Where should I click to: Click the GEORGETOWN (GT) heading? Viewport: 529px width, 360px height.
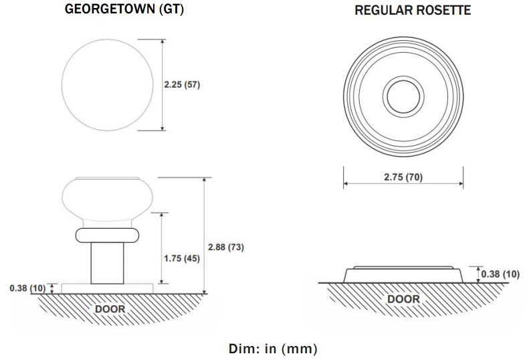(x=124, y=9)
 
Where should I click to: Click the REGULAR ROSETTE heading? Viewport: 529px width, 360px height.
(x=413, y=10)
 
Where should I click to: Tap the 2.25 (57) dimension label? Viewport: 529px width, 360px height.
(x=182, y=84)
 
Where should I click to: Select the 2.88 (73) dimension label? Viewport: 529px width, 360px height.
(x=225, y=247)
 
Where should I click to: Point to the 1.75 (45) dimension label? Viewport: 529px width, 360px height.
(x=182, y=258)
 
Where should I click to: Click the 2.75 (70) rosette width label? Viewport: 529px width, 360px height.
(x=403, y=177)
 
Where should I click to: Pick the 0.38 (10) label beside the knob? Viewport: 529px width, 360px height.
(x=27, y=288)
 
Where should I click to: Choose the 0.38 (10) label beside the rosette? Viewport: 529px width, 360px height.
(x=500, y=274)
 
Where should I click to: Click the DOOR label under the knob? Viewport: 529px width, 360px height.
(x=110, y=309)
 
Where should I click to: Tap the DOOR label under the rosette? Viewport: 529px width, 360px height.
(x=403, y=299)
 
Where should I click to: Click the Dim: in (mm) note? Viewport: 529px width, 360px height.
(x=273, y=349)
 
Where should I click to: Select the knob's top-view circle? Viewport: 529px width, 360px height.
(x=62, y=85)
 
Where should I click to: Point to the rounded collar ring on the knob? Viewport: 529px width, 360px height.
(x=107, y=236)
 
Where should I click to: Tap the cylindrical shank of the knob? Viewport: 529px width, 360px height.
(x=107, y=263)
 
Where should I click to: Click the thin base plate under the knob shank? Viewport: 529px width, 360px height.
(x=107, y=288)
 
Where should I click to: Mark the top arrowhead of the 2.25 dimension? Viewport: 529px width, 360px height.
(x=163, y=42)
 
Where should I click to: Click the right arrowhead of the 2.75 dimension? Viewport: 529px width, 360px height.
(x=461, y=184)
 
